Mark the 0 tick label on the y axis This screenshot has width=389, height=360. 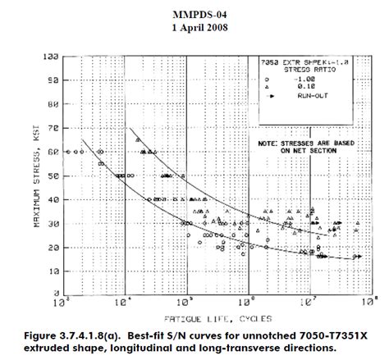point(53,294)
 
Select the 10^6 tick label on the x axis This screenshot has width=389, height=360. point(248,302)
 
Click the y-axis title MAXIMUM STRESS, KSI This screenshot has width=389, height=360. point(36,175)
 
